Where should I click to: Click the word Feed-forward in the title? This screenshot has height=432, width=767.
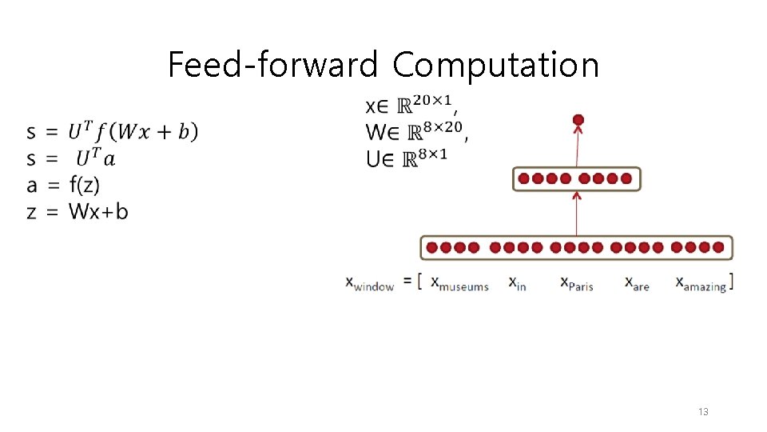(x=272, y=65)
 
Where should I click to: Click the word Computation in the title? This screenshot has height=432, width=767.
(x=495, y=65)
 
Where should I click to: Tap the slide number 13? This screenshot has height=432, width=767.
(x=703, y=412)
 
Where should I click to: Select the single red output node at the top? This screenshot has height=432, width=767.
(x=578, y=120)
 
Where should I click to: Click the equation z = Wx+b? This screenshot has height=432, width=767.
(x=77, y=212)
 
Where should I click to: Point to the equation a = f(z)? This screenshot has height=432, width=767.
(x=63, y=186)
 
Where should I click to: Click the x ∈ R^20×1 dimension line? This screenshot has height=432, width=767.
(x=411, y=105)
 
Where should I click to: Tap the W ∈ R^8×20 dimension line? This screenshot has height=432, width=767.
(x=415, y=130)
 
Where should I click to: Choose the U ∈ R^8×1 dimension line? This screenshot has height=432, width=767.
(x=407, y=157)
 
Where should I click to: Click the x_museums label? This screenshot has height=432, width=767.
(x=459, y=283)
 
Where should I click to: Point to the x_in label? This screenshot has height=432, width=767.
(x=518, y=283)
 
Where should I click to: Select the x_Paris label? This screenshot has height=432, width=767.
(x=576, y=283)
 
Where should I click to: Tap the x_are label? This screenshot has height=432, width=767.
(x=637, y=283)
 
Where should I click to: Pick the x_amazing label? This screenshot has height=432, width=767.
(x=701, y=283)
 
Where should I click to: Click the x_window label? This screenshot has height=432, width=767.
(x=370, y=283)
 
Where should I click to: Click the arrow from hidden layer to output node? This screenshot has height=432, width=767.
(x=578, y=148)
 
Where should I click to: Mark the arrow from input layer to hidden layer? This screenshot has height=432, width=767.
(x=577, y=214)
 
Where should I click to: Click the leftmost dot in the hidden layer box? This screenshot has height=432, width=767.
(x=524, y=178)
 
